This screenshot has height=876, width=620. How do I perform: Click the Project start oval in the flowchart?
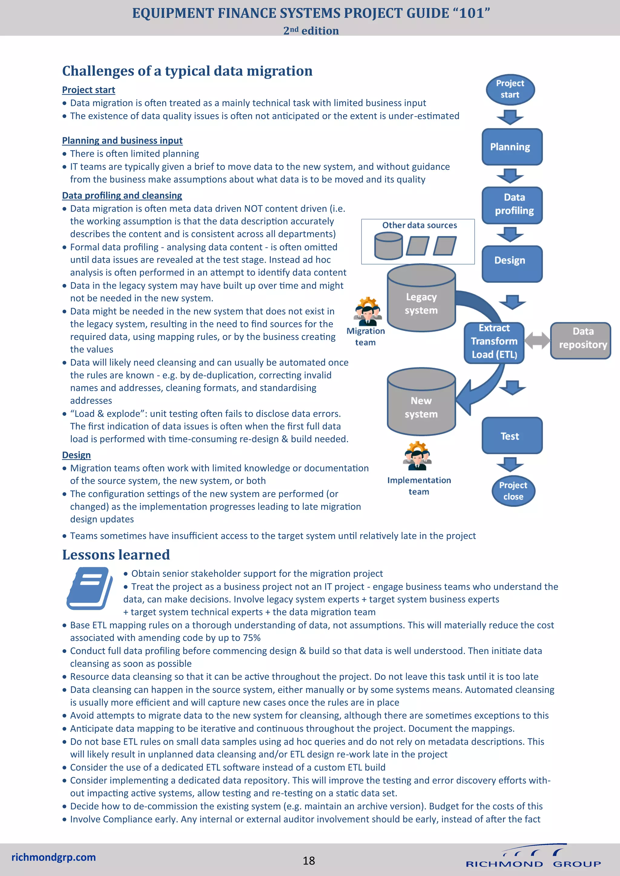coord(510,89)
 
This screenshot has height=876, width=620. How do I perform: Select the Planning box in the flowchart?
coord(512,147)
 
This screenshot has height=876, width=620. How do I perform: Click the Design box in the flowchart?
coord(512,264)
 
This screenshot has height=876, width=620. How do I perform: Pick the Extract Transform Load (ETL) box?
coord(494,342)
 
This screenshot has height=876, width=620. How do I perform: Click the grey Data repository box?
coord(580,340)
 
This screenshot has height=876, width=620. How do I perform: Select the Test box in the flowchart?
coord(512,435)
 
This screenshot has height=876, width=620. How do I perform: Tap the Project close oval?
coord(513,491)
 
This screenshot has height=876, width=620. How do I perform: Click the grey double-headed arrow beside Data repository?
coord(537,340)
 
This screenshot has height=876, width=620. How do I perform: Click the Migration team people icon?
coord(368,311)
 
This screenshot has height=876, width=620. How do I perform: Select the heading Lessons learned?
coord(116,554)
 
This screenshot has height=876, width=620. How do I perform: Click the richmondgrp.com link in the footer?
coord(54,857)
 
